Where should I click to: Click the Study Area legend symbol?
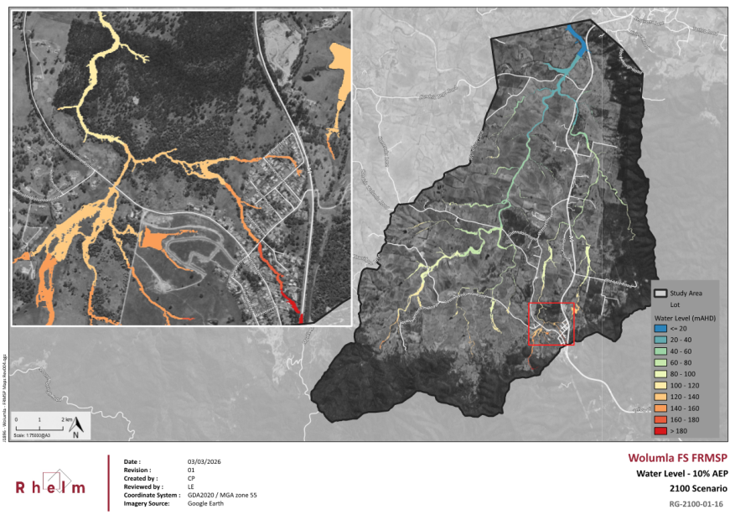(660, 293)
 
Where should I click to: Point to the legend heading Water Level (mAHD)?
(683, 318)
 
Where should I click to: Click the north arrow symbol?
(75, 427)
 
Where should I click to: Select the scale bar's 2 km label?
(65, 417)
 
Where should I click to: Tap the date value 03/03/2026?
(204, 462)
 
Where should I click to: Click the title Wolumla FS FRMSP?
(677, 458)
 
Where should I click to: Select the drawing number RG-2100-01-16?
(696, 504)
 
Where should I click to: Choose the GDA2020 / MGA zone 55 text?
(222, 495)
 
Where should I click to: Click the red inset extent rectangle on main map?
(551, 324)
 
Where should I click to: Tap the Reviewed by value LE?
(191, 486)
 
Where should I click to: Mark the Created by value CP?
(191, 478)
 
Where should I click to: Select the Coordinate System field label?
(152, 495)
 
